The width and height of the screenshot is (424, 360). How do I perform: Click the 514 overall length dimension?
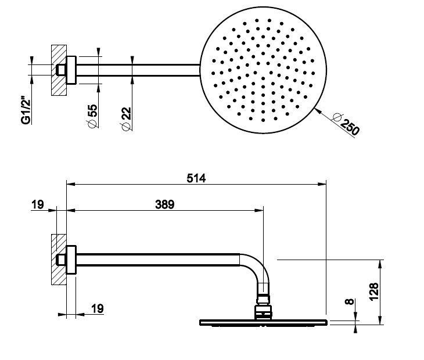coord(196,178)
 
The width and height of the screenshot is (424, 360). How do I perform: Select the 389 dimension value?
coord(165,204)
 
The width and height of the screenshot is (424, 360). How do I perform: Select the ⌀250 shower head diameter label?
coord(346,124)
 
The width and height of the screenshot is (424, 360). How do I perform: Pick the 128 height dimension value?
coord(374,292)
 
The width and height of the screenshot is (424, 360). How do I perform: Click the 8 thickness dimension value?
coord(350,301)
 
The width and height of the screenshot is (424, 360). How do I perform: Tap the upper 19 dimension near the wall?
coord(37,204)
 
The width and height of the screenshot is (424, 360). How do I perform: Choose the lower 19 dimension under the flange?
coord(98,308)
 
